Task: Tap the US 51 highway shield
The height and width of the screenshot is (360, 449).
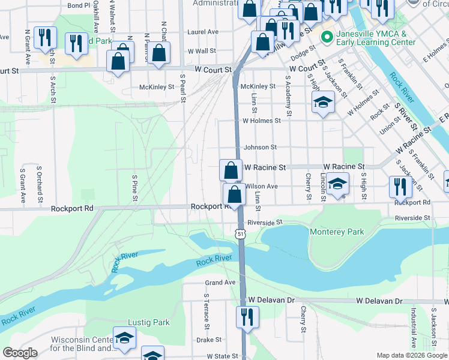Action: pos(240,233)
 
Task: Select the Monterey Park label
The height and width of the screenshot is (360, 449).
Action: pos(337,232)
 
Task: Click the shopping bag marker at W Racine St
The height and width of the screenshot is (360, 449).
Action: pos(231,170)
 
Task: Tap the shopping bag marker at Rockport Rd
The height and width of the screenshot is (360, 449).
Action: pos(234,194)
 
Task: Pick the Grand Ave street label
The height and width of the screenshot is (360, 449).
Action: pos(220,282)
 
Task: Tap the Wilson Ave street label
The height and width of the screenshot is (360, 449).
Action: pos(261,187)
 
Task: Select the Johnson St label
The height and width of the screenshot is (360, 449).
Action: pos(260,147)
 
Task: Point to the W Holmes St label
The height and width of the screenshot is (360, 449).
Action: pos(261,121)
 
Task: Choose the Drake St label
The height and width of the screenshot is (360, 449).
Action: pos(209,339)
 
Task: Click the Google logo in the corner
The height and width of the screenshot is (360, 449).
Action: pos(20,353)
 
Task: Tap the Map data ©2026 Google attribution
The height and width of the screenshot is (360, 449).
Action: pos(412,355)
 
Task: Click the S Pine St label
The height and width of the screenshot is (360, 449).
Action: pos(135,187)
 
